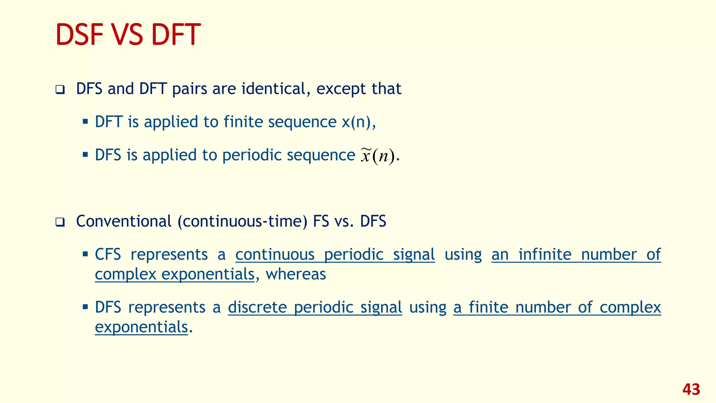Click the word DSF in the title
click(79, 35)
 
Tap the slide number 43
click(691, 389)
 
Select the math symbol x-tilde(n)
click(378, 156)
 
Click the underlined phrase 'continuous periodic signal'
click(335, 255)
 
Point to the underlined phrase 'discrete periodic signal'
click(315, 308)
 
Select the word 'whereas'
click(296, 274)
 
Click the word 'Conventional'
click(124, 221)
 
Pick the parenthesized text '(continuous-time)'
click(242, 221)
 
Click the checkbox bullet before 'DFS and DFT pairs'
click(60, 90)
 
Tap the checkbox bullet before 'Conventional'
click(60, 222)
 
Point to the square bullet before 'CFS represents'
click(85, 254)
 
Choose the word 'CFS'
click(108, 255)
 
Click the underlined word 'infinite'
click(545, 255)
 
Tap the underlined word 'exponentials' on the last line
click(141, 327)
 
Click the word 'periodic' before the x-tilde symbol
click(252, 155)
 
